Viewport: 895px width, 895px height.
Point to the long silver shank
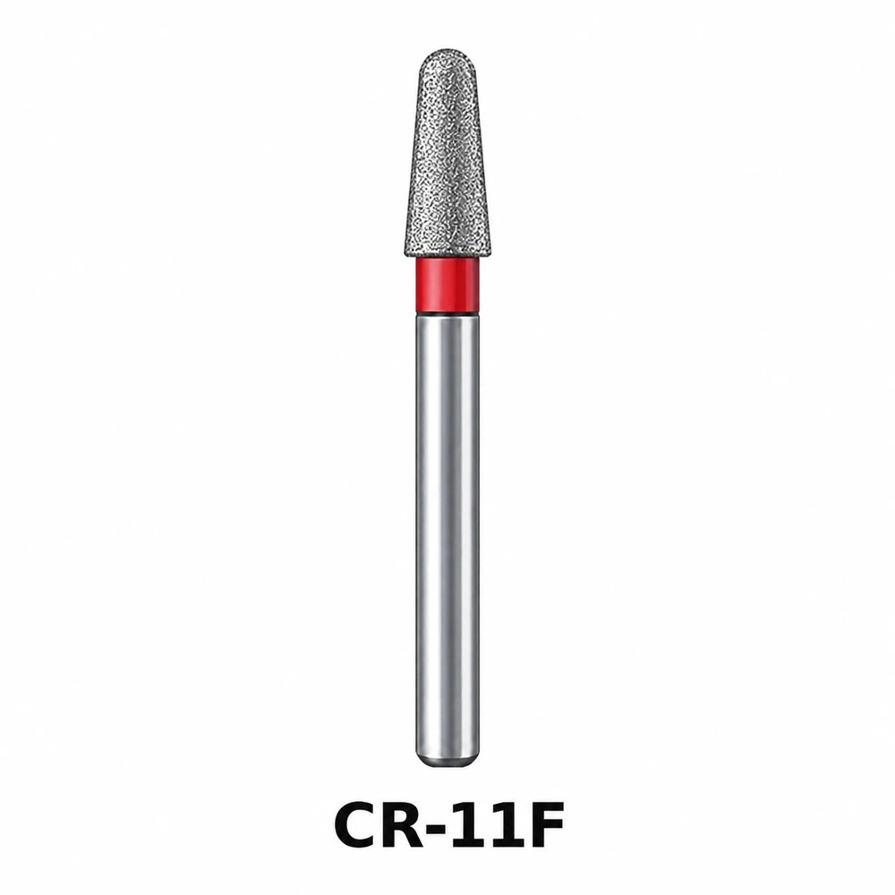point(447,542)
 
